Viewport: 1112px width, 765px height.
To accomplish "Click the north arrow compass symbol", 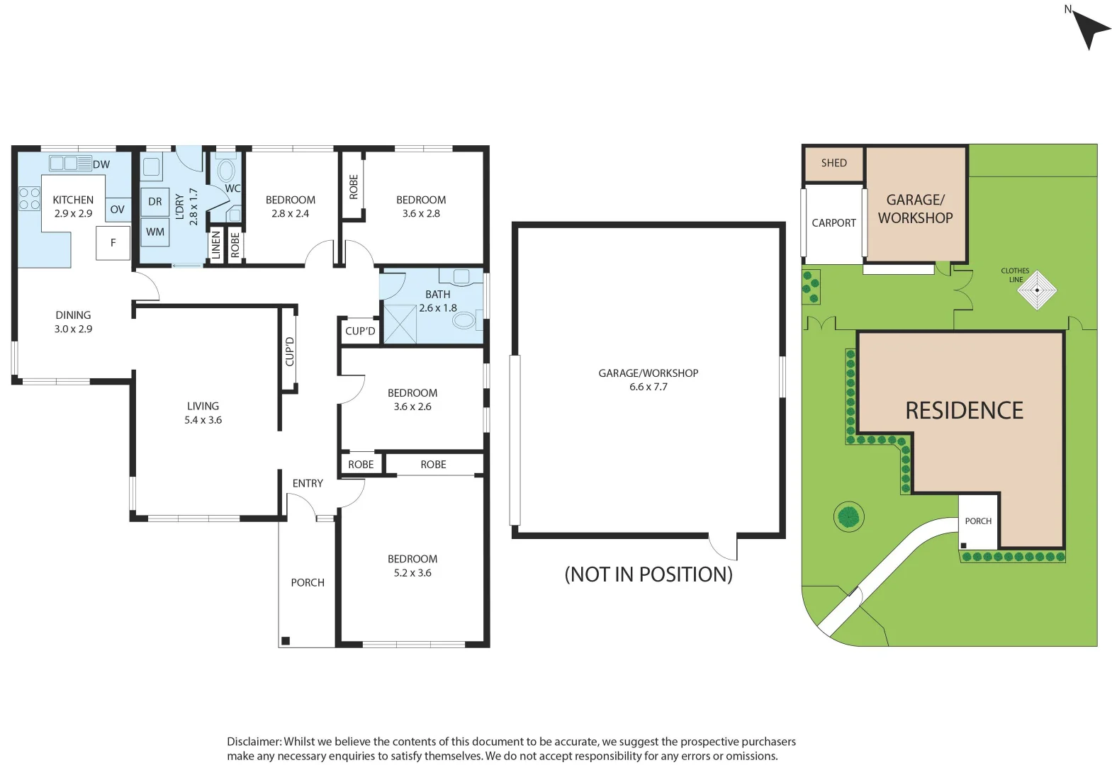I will point(1090,29).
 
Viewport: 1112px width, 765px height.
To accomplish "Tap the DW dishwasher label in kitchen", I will point(101,164).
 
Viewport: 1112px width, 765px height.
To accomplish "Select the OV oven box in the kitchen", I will point(118,210).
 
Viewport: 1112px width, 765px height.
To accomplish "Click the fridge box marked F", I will point(113,243).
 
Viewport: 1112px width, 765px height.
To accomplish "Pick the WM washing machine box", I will point(155,232).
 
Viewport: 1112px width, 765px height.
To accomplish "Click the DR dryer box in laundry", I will point(155,202).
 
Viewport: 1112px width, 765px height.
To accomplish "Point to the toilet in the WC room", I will point(226,171).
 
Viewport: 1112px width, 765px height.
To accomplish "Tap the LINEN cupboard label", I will point(216,246).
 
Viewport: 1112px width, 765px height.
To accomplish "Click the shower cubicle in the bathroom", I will point(400,324).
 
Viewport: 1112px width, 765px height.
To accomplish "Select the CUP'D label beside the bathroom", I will point(360,331).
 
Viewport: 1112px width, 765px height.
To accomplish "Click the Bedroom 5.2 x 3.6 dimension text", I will point(412,573).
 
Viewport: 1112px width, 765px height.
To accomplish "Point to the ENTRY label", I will point(308,484).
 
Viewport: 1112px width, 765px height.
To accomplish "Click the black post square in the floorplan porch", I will point(286,641).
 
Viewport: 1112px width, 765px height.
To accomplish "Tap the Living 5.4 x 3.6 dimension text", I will point(203,420).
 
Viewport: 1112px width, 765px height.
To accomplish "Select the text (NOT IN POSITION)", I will point(648,574).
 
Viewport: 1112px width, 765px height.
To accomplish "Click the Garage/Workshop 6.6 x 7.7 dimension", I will point(648,387).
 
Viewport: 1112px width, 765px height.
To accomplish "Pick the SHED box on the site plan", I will point(834,164).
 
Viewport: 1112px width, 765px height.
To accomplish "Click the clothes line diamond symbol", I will point(1037,290).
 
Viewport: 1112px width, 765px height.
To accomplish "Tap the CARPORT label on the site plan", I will point(833,223).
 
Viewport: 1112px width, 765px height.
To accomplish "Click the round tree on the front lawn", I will point(848,516).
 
